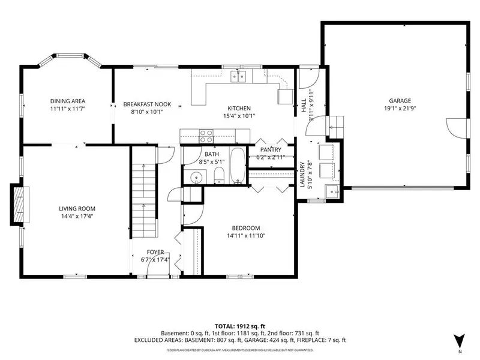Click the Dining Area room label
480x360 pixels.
pyautogui.click(x=68, y=101)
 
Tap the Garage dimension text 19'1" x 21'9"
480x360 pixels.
pyautogui.click(x=400, y=109)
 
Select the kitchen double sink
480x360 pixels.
pyautogui.click(x=239, y=76)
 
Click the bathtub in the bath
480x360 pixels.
pyautogui.click(x=237, y=166)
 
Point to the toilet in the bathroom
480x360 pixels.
pyautogui.click(x=219, y=175)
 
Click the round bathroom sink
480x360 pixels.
pyautogui.click(x=195, y=177)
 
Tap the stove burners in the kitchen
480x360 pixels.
pyautogui.click(x=206, y=136)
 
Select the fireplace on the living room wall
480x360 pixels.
pyautogui.click(x=20, y=205)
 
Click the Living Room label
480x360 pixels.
pyautogui.click(x=77, y=209)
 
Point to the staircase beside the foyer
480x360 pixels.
pyautogui.click(x=144, y=192)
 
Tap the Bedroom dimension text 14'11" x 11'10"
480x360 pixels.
pyautogui.click(x=246, y=236)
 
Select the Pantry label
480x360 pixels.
pyautogui.click(x=271, y=149)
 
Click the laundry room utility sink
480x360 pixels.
pyautogui.click(x=332, y=191)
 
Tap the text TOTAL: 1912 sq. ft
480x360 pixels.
pyautogui.click(x=238, y=326)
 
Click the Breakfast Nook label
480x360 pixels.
pyautogui.click(x=147, y=104)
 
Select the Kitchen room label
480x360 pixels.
pyautogui.click(x=239, y=109)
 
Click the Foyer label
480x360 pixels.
pyautogui.click(x=155, y=252)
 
